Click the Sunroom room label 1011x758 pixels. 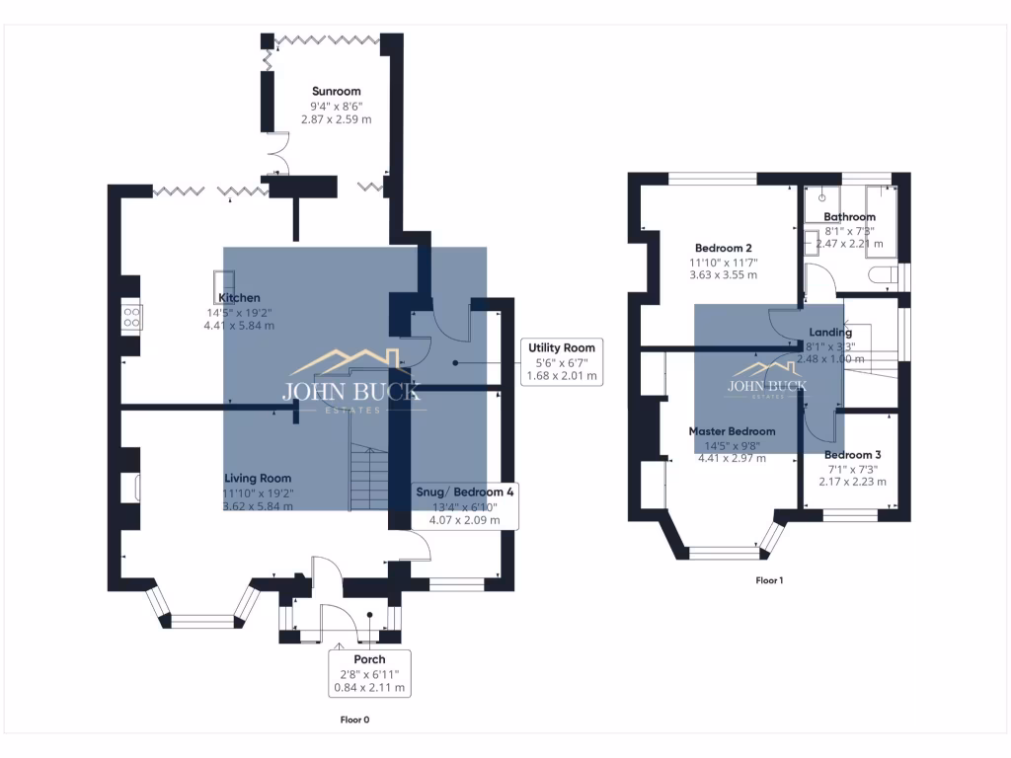point(336,91)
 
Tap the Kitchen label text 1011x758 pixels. point(239,298)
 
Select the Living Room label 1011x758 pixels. point(257,478)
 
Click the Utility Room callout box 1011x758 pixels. point(561,362)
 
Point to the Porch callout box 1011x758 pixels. point(369,673)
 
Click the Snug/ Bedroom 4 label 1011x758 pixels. point(464,492)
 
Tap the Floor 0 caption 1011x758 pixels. point(354,720)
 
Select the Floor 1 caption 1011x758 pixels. point(769,580)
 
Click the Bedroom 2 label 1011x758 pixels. point(724,248)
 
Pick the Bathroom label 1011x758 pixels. point(849,217)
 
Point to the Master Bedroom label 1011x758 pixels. point(732,431)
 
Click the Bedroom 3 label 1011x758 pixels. point(852,455)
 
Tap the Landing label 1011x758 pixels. point(829,333)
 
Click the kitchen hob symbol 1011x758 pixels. point(131,317)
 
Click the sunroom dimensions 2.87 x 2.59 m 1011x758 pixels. point(336,119)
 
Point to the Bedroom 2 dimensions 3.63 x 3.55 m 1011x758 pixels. point(724,275)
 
